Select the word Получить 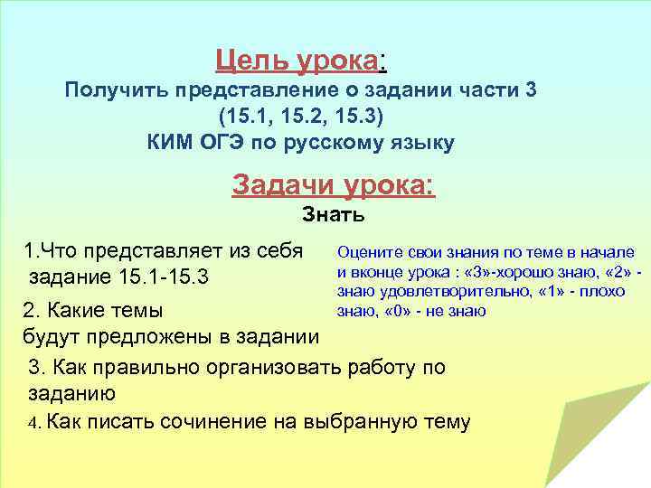click(x=116, y=90)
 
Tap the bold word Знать click(x=334, y=215)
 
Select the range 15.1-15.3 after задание click(x=164, y=276)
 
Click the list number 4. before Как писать click(x=33, y=422)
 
